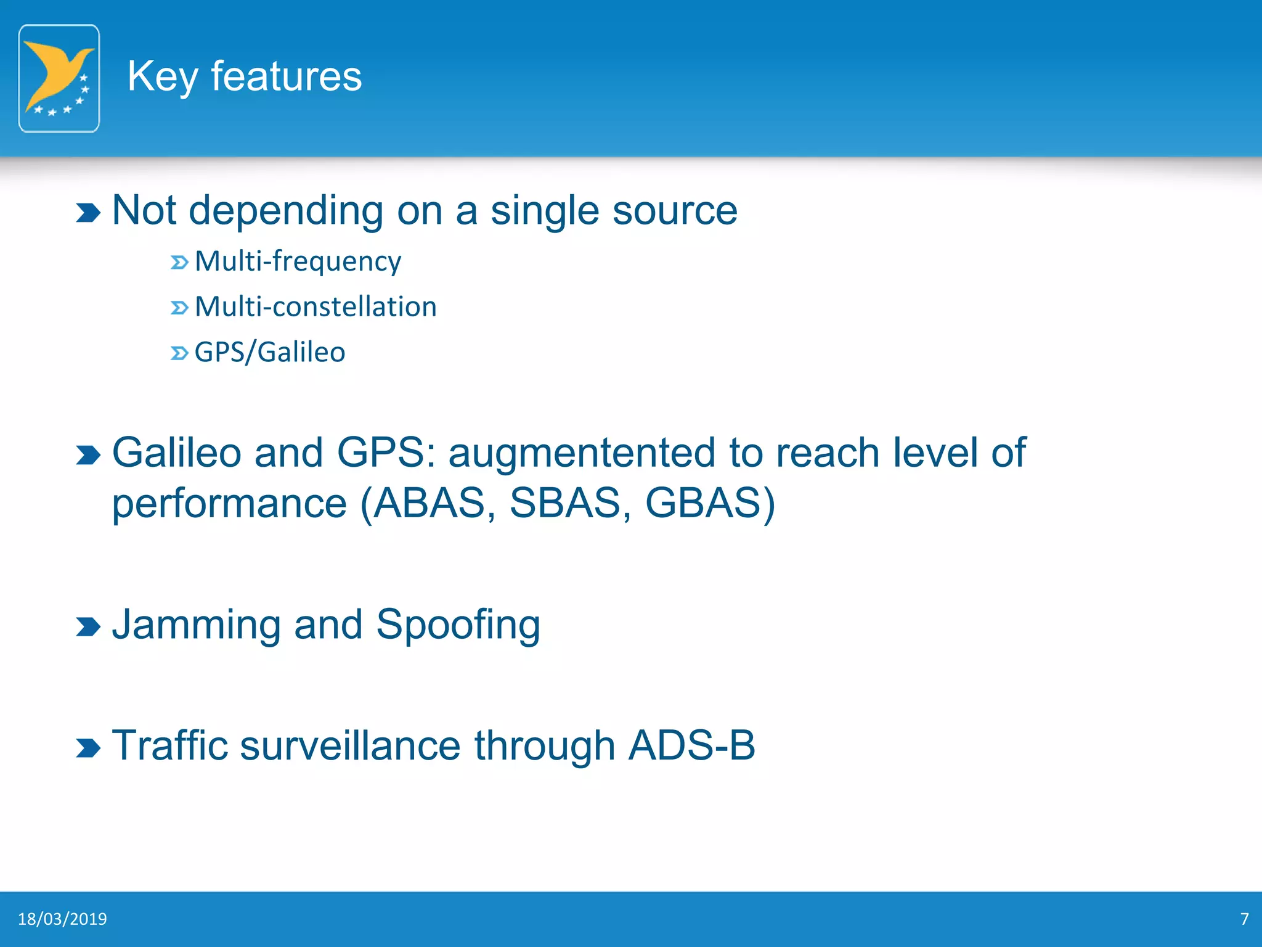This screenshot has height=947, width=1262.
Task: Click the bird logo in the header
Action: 59,78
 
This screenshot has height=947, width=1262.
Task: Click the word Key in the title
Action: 162,77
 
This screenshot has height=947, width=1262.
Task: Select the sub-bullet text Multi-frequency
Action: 298,261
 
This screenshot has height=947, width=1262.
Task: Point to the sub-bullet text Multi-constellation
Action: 315,307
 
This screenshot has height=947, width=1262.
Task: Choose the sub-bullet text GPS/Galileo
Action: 270,353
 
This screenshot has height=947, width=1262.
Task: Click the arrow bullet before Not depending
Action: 88,213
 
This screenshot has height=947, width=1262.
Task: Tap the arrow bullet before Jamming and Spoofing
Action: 88,627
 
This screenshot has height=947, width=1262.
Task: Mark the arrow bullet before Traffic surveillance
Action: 88,748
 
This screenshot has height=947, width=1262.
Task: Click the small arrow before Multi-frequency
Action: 179,263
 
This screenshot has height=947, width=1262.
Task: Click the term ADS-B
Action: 691,745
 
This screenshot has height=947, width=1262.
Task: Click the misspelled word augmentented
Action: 581,454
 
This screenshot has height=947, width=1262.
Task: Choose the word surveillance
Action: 350,745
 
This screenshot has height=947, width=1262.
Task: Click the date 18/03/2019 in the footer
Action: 62,919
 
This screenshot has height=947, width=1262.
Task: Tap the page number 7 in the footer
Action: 1244,919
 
